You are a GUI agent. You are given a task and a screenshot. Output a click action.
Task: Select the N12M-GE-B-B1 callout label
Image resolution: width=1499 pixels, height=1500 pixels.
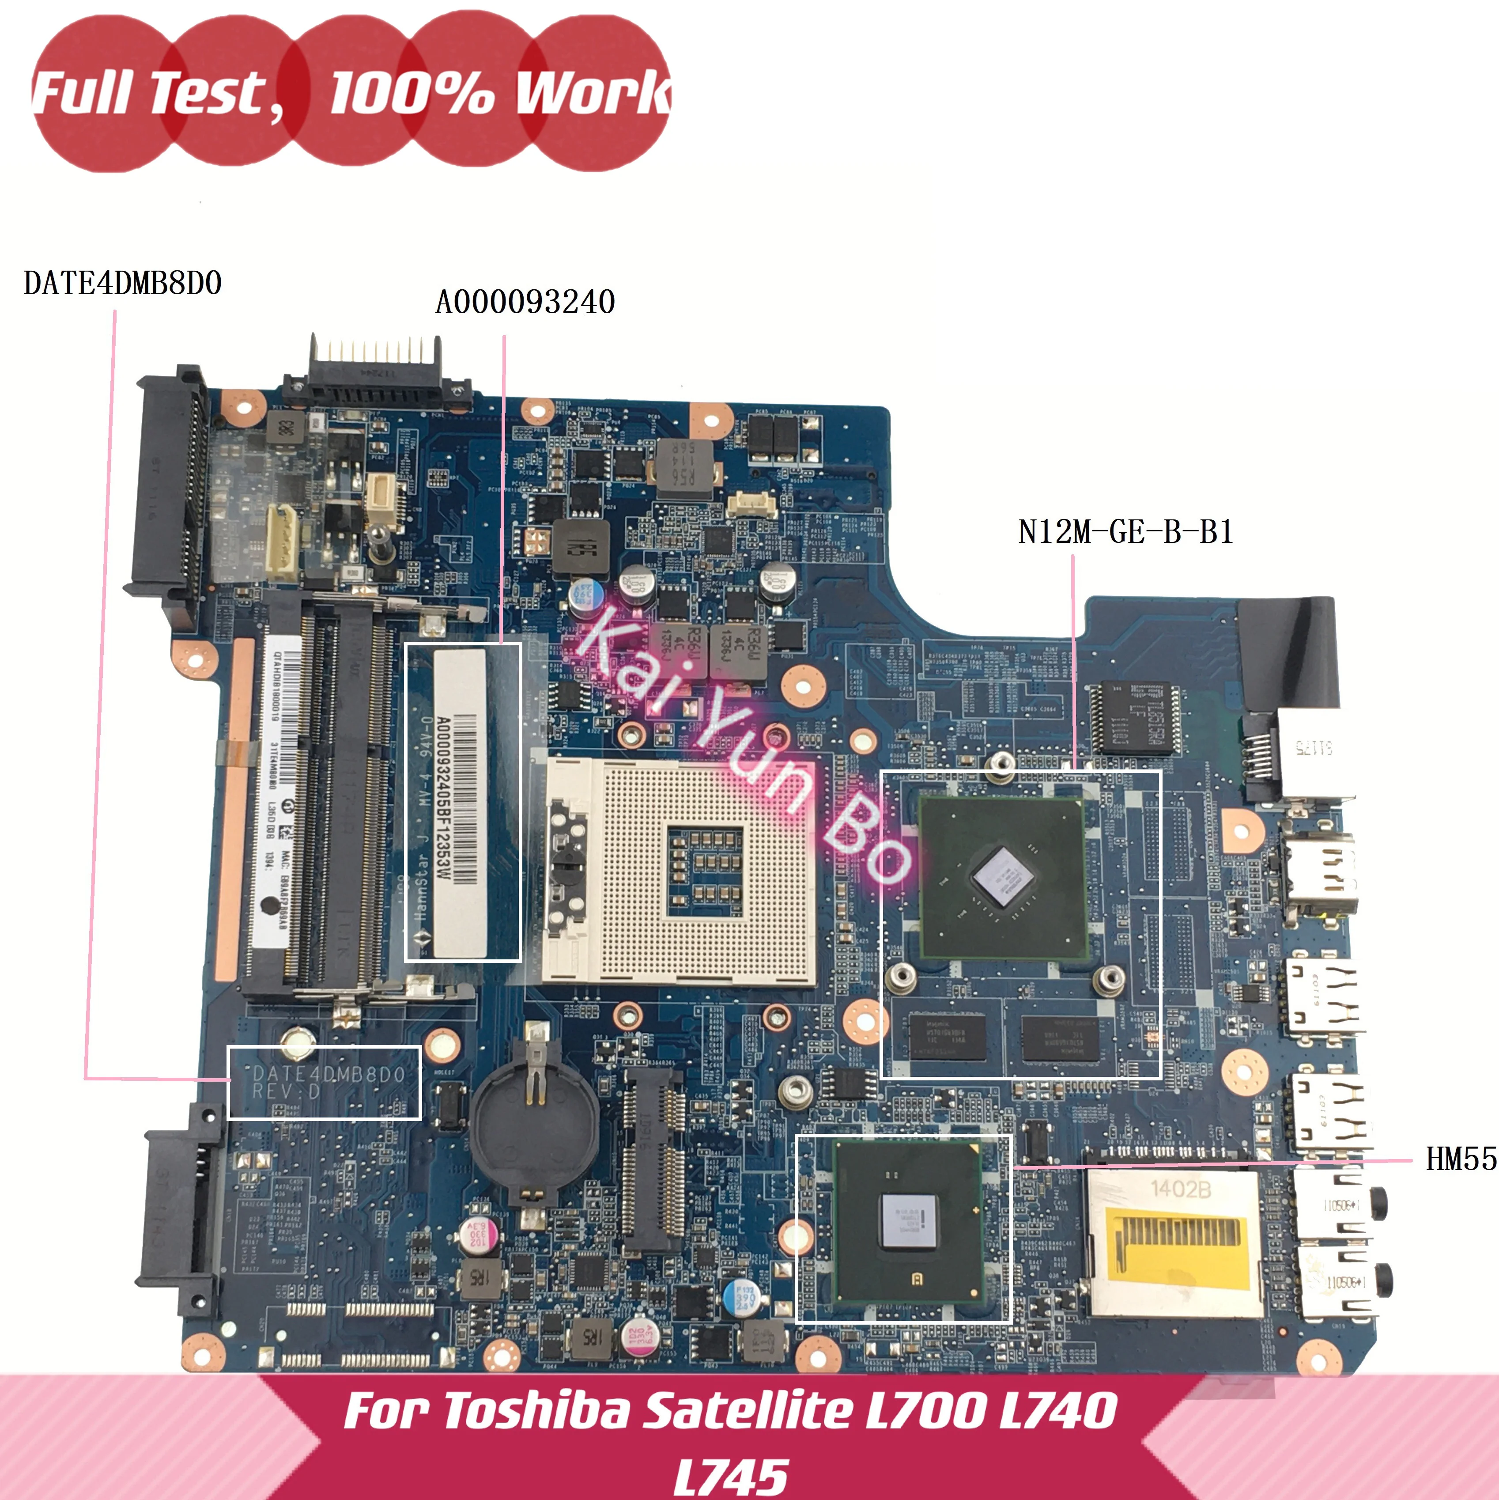1125,533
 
